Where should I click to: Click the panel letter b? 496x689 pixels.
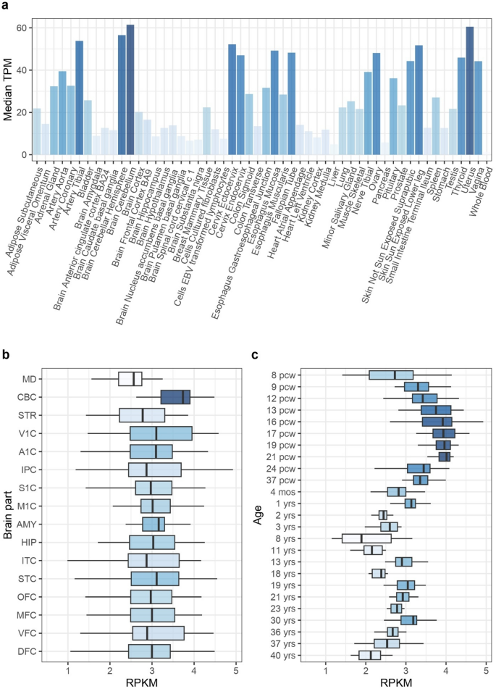coord(6,355)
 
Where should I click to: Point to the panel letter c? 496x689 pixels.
coord(254,355)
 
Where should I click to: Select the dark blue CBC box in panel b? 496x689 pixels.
coord(175,397)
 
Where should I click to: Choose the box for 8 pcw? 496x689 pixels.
coord(391,375)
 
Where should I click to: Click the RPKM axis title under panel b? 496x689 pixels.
coord(151,682)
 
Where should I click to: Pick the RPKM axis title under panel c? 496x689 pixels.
coord(406,682)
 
